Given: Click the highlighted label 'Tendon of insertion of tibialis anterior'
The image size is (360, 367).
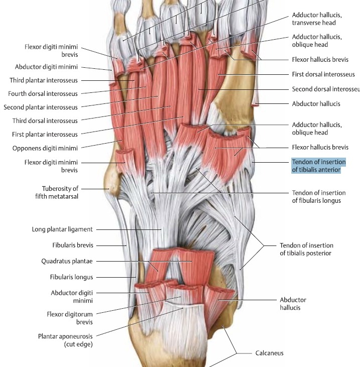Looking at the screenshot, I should tap(318, 166).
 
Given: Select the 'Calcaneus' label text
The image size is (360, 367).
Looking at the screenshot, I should tap(269, 353).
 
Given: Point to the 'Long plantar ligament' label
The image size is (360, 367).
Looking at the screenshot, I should tap(62, 229).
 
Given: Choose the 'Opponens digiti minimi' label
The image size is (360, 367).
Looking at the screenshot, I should tap(45, 148).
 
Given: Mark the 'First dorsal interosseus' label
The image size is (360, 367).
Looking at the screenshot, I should tap(323, 74).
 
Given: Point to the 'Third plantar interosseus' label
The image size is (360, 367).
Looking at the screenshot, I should tap(43, 80).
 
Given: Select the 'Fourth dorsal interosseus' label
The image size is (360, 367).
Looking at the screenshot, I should tap(43, 93).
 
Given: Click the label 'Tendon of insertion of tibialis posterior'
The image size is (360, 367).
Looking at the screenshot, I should tap(306, 249).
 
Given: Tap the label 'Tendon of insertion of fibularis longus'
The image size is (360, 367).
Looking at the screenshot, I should tap(318, 196).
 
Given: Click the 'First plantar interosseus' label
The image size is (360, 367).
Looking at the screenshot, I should tap(45, 134).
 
